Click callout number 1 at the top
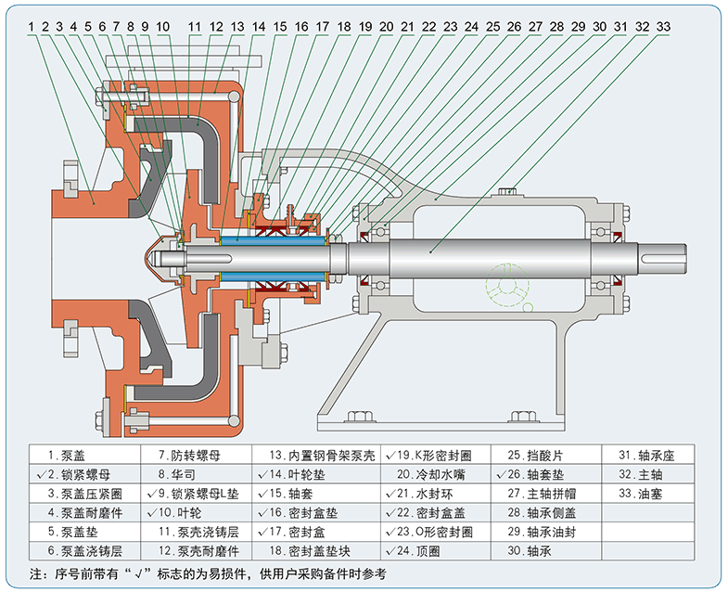point(32,27)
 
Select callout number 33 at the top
point(663,27)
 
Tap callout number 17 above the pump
point(322,27)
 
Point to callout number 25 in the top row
point(492,27)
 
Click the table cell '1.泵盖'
point(85,455)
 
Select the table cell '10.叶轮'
point(197,512)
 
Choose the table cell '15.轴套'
point(316,494)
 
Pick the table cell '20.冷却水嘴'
point(436,474)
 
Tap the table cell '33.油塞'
point(648,494)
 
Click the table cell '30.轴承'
point(546,550)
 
